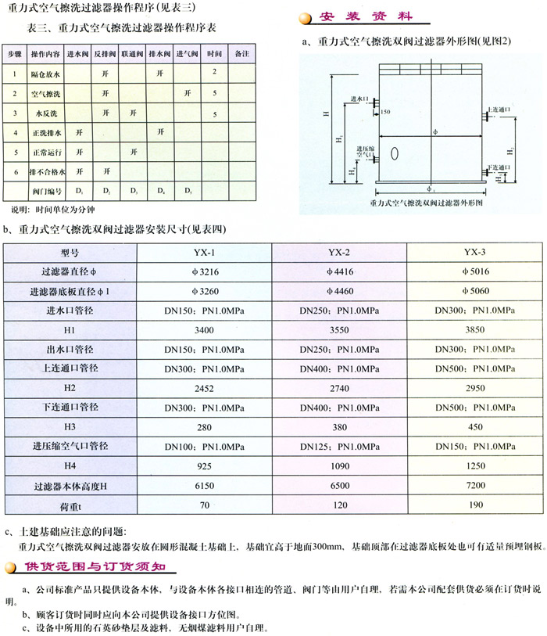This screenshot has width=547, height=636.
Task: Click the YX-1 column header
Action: coord(204,252)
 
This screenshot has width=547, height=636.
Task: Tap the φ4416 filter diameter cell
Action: coord(338,271)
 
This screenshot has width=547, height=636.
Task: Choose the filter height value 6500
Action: coord(338,486)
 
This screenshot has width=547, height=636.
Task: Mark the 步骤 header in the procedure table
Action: coord(15,56)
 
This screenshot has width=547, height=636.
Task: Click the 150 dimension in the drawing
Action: coord(385,112)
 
